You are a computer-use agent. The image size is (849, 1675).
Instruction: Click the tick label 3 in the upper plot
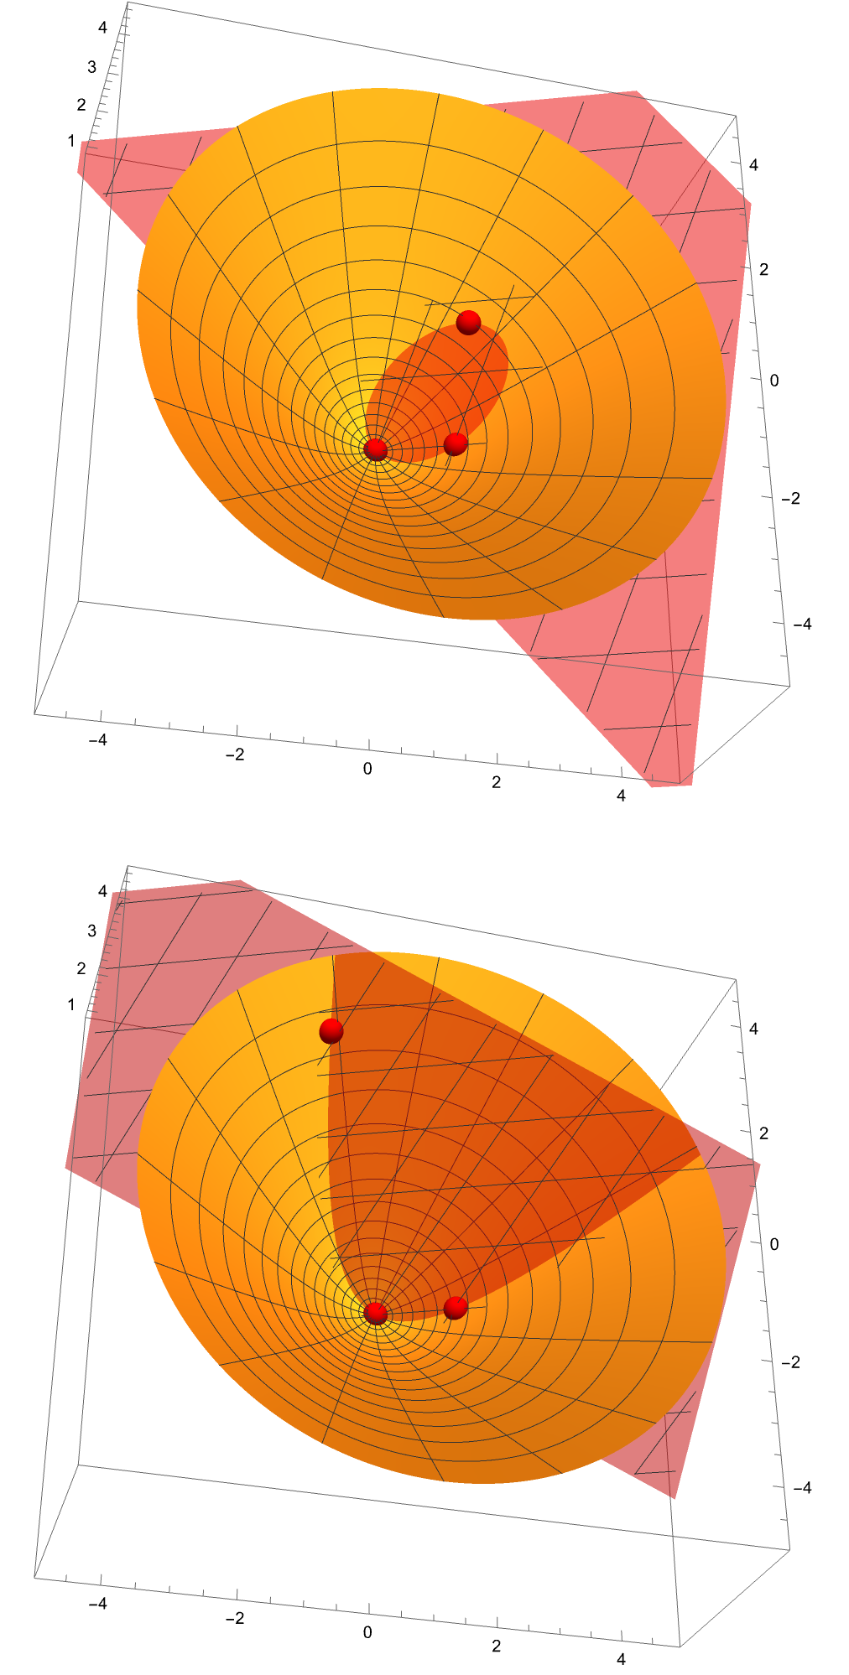pos(92,67)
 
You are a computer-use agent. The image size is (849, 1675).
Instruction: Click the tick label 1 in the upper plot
pos(72,141)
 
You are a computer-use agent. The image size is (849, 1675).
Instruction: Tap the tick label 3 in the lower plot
pos(92,931)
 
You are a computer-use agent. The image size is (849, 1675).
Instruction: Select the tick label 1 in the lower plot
pos(72,1004)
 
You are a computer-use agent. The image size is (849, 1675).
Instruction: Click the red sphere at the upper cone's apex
pos(376,449)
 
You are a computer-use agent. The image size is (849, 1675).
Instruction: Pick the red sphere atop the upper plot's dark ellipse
pos(468,322)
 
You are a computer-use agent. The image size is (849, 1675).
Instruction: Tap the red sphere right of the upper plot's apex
pos(455,443)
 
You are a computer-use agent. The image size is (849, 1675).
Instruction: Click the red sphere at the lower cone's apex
pos(376,1313)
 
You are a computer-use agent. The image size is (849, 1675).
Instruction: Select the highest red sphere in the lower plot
pos(331,1031)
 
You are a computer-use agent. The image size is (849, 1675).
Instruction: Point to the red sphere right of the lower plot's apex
pos(455,1308)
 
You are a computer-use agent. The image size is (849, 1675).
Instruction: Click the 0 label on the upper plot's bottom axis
pos(367,769)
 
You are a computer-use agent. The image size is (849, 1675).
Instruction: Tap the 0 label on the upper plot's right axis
pos(774,380)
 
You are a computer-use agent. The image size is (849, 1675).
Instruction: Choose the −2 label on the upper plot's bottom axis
pos(235,755)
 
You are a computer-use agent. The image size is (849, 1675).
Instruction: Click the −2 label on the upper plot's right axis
pos(790,498)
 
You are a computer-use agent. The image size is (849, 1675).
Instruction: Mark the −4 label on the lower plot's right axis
pos(802,1488)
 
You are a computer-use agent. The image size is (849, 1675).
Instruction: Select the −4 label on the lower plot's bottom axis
pos(97,1604)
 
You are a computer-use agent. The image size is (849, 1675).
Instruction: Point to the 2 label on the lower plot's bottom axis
pos(497,1646)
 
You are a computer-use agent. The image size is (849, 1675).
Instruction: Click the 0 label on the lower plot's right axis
pos(774,1244)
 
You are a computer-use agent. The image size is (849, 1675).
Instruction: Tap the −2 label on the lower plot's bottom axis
pos(235,1618)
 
